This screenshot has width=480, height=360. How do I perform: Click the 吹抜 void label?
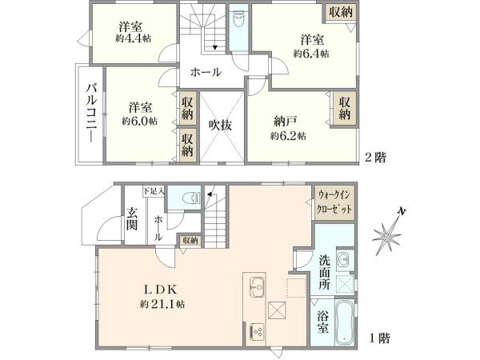[x=221, y=126]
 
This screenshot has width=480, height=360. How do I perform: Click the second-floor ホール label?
[x=205, y=73]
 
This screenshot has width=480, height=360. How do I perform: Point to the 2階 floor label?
[x=376, y=158]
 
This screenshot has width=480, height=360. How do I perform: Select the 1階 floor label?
[x=379, y=338]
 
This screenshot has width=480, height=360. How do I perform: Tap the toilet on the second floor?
[x=238, y=20]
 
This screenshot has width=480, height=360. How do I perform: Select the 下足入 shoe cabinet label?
[x=154, y=191]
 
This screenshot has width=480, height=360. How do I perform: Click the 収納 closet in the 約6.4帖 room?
[x=339, y=14]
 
